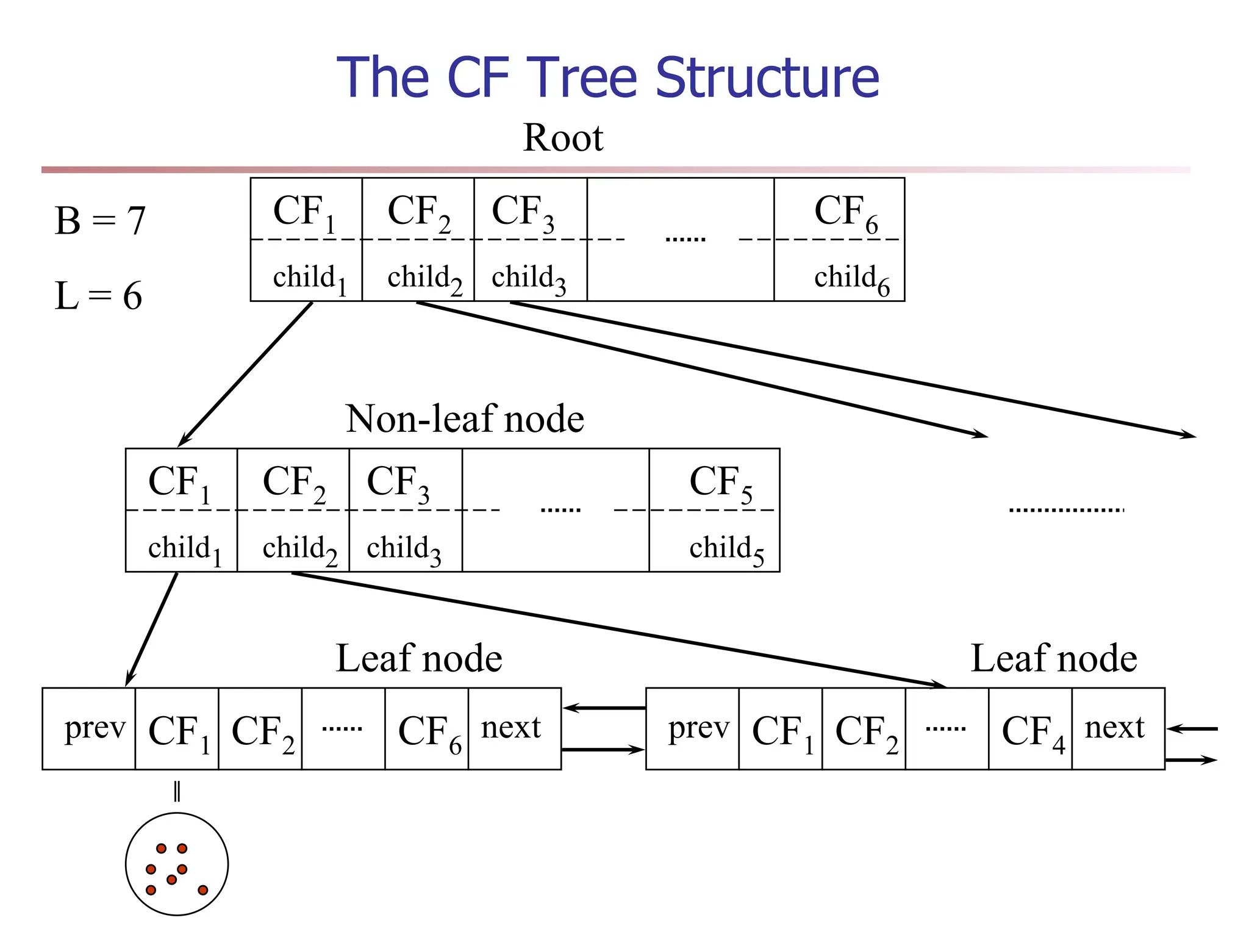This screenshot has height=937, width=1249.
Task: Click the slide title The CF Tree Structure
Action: [x=607, y=77]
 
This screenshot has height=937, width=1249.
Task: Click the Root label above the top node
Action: [x=563, y=138]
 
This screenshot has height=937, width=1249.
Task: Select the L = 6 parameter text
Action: [x=98, y=296]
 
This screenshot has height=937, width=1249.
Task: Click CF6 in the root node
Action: [x=845, y=212]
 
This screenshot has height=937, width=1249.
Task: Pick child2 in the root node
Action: [x=424, y=278]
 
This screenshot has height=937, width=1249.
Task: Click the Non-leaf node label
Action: [x=465, y=419]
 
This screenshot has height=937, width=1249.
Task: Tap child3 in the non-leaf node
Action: [x=403, y=549]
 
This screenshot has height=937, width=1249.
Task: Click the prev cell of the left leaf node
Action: [x=95, y=728]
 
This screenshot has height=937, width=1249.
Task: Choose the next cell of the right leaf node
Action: [x=1114, y=728]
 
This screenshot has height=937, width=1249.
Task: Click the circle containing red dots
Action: [x=177, y=864]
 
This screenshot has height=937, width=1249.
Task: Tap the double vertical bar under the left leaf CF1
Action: [x=177, y=791]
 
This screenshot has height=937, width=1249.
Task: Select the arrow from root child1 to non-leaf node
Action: [x=244, y=375]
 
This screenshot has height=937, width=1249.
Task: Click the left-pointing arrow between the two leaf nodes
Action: [x=604, y=708]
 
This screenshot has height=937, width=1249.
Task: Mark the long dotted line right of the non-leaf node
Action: [x=1066, y=510]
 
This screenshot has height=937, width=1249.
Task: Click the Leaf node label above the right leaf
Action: [x=1053, y=659]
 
